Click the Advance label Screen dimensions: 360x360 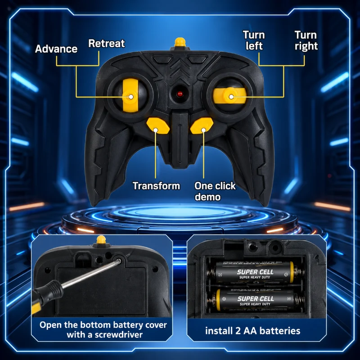(x=56, y=49)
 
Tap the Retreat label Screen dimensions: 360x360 (x=107, y=43)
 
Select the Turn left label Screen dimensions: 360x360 (x=254, y=40)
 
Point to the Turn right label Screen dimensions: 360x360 (x=306, y=40)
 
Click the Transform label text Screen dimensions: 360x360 (x=156, y=186)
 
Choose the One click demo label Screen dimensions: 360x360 (x=215, y=191)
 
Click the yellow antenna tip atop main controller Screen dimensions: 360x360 (x=180, y=42)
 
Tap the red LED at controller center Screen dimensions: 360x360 (x=180, y=94)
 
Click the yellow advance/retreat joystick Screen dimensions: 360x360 (x=130, y=95)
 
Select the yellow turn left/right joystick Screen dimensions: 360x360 (x=229, y=96)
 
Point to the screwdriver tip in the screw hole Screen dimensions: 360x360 (x=119, y=261)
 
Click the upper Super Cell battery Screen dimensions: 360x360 (x=255, y=272)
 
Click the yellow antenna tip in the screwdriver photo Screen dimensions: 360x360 (x=101, y=240)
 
